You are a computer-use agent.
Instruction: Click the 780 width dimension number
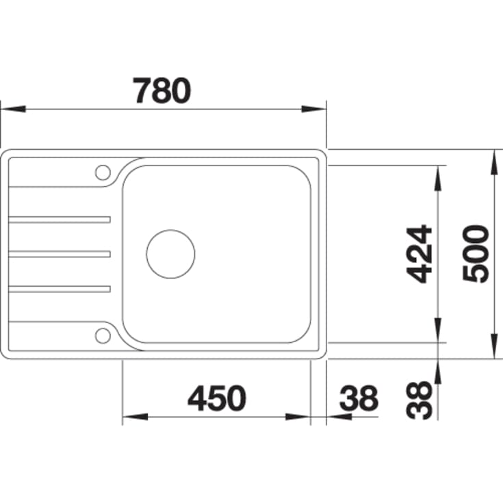162,90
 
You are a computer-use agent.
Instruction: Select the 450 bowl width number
217,398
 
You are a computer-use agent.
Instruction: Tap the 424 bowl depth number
419,254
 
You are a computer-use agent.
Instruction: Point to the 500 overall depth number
476,254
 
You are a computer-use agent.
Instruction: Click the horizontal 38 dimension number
359,398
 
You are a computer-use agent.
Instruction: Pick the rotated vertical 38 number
419,400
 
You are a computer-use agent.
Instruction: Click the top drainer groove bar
60,220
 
